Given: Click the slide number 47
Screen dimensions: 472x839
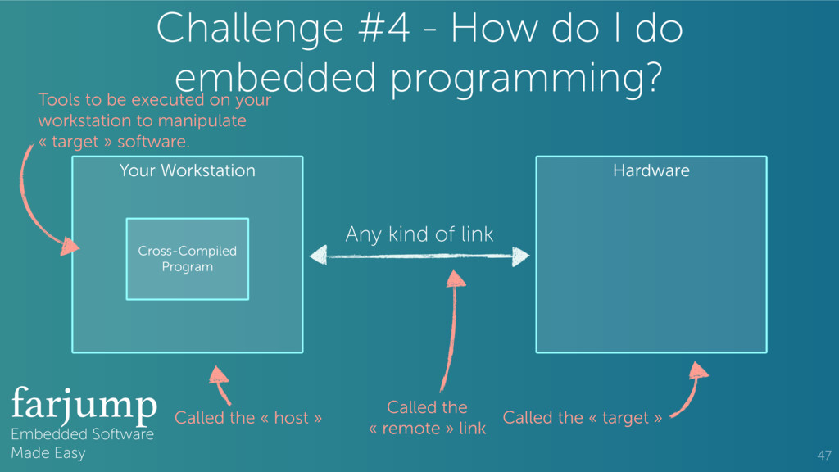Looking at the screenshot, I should [x=823, y=455].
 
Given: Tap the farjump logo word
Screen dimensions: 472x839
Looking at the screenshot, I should [x=84, y=404].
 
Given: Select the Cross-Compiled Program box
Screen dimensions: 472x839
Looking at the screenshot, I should [x=187, y=258].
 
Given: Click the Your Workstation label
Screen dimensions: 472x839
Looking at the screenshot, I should [x=187, y=170].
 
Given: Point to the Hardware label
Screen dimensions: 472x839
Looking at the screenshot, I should [x=651, y=170].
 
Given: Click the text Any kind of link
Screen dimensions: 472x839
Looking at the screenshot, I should [x=419, y=234].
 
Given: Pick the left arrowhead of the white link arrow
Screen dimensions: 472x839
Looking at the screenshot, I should [x=317, y=256].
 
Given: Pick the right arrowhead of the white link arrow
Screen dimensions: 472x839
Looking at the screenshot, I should [x=521, y=256].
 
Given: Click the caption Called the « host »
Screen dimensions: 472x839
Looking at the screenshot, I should [x=248, y=418].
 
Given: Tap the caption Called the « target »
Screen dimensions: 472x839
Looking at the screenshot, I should [x=583, y=418].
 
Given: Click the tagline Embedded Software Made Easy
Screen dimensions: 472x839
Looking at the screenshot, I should [x=82, y=443].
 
